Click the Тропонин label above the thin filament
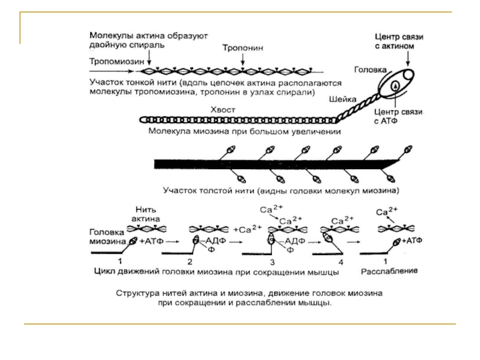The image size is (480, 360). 242,46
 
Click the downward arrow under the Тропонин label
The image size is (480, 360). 242,58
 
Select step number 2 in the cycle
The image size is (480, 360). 190,262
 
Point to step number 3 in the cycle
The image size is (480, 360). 271,262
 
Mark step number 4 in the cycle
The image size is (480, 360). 341,262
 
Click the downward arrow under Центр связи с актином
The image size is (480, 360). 407,58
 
